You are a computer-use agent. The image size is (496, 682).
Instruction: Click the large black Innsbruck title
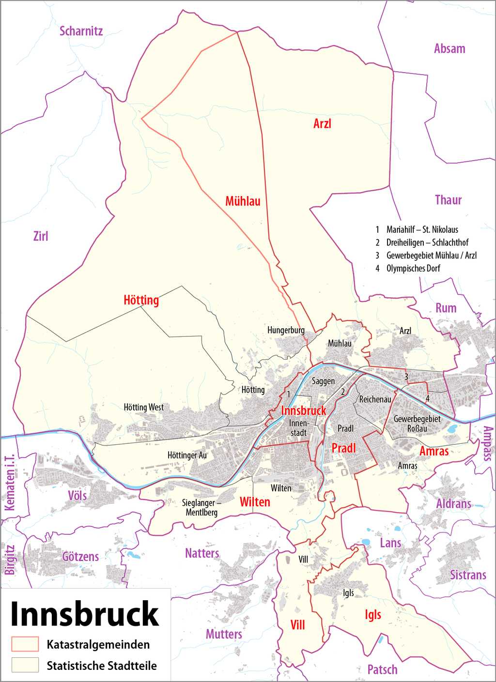click(x=84, y=614)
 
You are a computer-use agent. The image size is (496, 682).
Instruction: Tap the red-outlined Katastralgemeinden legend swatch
click(x=25, y=644)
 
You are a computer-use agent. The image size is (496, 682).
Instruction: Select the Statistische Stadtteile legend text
click(x=102, y=666)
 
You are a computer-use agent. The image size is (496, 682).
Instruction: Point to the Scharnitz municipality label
click(x=81, y=31)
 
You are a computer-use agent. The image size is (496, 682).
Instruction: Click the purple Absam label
click(x=449, y=48)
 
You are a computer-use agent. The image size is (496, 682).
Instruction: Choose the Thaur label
click(x=448, y=200)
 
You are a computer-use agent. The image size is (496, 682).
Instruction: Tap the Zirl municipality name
click(x=41, y=236)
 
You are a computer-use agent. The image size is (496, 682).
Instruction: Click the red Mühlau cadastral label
click(x=243, y=201)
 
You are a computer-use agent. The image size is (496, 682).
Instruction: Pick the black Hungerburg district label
click(x=286, y=330)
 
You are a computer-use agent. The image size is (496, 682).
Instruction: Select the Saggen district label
click(x=323, y=381)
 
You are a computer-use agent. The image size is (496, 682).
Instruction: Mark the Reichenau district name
click(x=375, y=399)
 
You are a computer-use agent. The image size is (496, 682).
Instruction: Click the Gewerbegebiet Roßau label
click(x=417, y=423)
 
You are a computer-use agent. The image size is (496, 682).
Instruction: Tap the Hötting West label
click(x=143, y=407)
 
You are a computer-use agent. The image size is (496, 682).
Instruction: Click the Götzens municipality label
click(x=80, y=557)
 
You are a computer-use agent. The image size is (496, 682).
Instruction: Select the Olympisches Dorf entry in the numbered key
click(x=413, y=268)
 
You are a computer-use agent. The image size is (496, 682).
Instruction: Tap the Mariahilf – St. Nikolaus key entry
click(x=422, y=229)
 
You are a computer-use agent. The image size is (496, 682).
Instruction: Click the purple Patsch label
click(x=382, y=669)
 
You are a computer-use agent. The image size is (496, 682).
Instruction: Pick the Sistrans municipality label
click(x=467, y=575)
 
